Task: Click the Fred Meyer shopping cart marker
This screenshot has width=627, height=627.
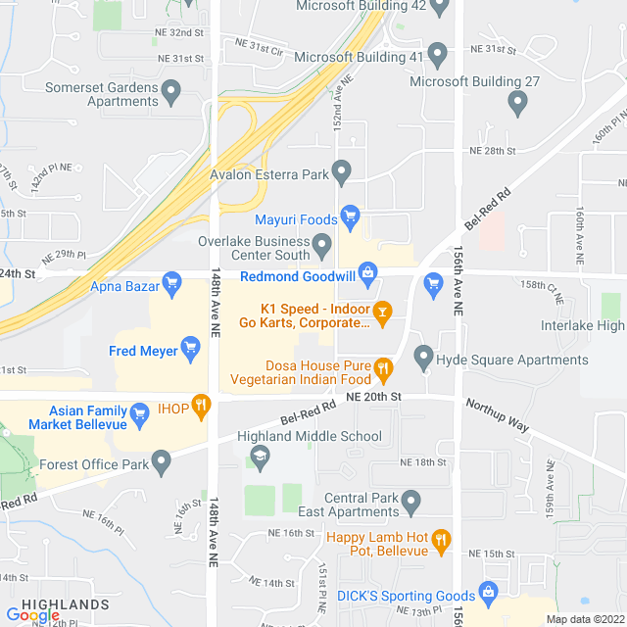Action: click(x=191, y=350)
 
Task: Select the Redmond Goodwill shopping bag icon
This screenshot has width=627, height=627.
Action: click(x=367, y=271)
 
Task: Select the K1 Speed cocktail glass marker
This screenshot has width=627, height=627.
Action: click(x=383, y=313)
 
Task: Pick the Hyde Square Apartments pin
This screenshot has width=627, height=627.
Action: click(x=423, y=358)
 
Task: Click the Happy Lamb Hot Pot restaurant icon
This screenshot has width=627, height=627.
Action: click(x=441, y=540)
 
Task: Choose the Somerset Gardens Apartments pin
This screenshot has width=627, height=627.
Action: click(x=172, y=94)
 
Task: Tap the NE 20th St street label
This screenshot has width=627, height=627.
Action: click(x=374, y=396)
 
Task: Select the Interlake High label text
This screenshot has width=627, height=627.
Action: click(x=582, y=325)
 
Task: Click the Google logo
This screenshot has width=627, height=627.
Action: click(x=32, y=614)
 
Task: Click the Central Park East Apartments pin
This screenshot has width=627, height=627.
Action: click(x=411, y=503)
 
